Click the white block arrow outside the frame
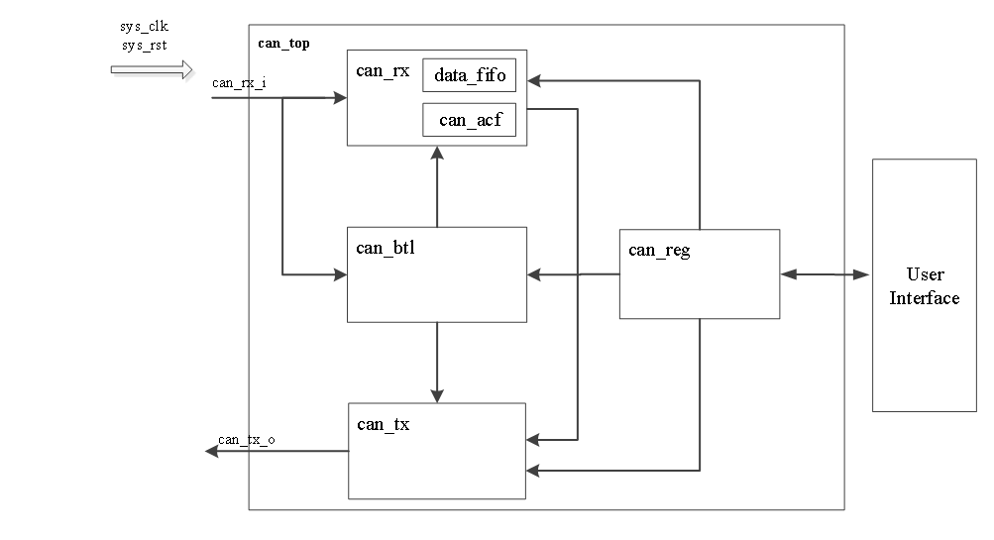coord(154,71)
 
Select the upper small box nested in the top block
coord(470,75)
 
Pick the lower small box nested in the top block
coord(470,120)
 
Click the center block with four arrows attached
coord(437,274)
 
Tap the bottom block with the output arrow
coord(437,451)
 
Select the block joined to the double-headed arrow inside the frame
coord(700,274)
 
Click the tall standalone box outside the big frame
coord(925,285)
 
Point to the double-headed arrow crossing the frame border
coord(826,274)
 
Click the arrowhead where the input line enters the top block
coord(340,98)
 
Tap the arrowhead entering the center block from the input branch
coord(340,274)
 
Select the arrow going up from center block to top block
coord(437,188)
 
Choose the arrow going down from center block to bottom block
coord(437,363)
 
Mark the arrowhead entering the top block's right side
coord(534,81)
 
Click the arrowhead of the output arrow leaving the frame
coord(211,451)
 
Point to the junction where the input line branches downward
coord(283,98)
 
